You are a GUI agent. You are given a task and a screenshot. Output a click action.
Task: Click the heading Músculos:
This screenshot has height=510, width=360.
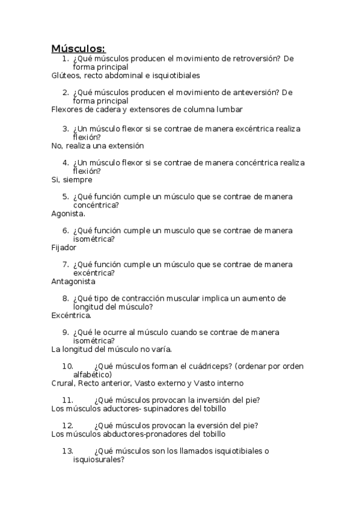(x=78, y=48)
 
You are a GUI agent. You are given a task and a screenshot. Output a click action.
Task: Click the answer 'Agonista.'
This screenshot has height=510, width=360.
(x=69, y=213)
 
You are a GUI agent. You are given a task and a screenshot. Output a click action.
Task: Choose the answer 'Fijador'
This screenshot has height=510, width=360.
(x=64, y=247)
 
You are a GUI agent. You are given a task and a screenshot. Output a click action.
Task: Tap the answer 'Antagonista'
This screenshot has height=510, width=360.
(x=73, y=281)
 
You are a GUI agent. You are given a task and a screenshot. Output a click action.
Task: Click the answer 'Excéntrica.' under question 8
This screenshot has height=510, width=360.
(x=72, y=315)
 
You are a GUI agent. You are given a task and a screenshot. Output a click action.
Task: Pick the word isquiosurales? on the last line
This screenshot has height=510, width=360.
(x=99, y=459)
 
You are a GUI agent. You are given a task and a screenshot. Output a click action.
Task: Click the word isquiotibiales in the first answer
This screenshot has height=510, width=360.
(x=174, y=76)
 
